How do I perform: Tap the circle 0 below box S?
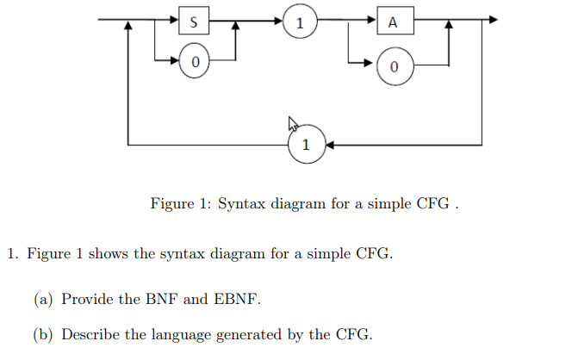(196, 62)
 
